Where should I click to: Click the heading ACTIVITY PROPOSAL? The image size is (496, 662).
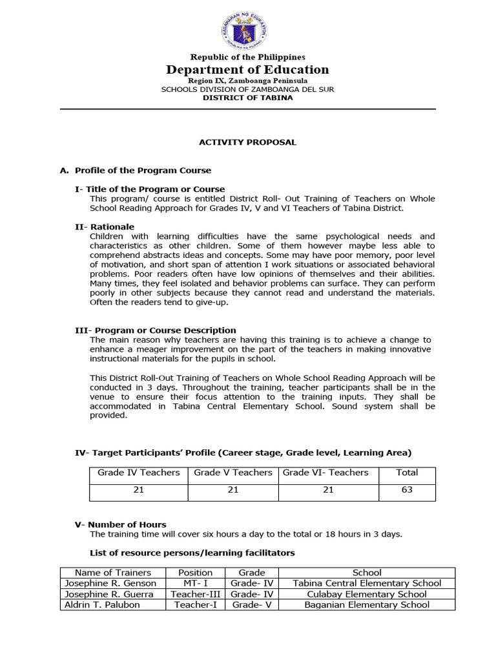248,142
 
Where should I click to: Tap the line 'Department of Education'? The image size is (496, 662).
248,70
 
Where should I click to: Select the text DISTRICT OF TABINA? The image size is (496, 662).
248,98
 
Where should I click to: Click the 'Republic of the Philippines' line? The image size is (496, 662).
248,58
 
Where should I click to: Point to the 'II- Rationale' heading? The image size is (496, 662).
105,227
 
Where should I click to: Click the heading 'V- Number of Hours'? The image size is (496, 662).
121,524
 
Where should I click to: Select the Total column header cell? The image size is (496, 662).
407,473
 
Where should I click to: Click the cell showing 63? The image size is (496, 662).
407,489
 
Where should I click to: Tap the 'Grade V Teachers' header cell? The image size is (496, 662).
233,473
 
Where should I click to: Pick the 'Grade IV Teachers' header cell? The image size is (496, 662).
139,473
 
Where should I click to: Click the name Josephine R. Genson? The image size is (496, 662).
110,583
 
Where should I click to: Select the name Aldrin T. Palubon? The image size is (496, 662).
102,605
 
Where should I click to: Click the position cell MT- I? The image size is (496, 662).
195,583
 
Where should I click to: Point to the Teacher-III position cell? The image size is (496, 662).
195,594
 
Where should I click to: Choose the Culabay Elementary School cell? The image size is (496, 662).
367,594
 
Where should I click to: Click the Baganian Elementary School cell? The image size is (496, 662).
367,605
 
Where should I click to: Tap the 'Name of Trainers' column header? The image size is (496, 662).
113,572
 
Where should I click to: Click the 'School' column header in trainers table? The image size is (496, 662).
367,572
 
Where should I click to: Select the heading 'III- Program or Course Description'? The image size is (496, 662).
156,330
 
